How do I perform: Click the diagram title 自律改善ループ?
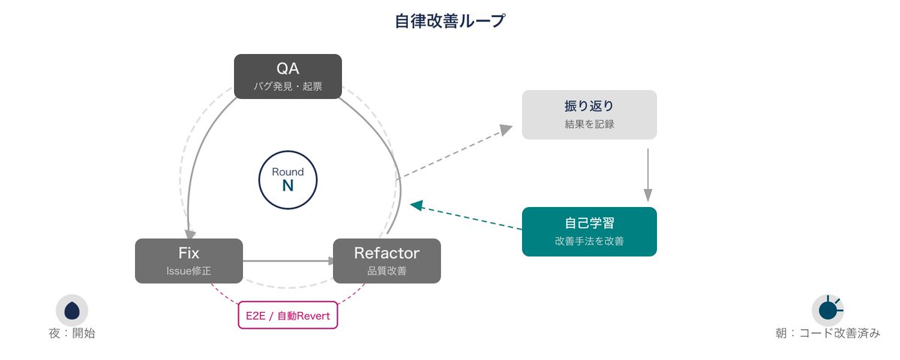tap(450, 21)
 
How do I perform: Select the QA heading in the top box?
tap(288, 68)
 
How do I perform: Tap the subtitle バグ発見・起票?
tap(288, 86)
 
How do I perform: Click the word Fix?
tap(188, 253)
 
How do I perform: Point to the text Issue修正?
tap(188, 271)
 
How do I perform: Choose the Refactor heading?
tap(386, 253)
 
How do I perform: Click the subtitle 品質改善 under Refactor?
tap(386, 271)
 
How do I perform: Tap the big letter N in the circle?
tap(288, 186)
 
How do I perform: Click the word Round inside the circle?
tap(288, 172)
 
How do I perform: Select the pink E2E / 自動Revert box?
tap(288, 315)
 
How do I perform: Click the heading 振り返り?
tap(589, 106)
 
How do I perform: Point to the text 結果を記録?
tap(589, 124)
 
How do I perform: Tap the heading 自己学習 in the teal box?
tap(589, 223)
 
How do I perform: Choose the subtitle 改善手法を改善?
tap(589, 241)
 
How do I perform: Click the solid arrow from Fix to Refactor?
tap(289, 261)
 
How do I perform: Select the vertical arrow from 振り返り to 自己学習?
tap(648, 175)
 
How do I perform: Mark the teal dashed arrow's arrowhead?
tap(416, 205)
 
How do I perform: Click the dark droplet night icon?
tap(72, 310)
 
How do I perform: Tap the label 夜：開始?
tap(72, 333)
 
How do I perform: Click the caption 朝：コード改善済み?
tap(828, 333)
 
